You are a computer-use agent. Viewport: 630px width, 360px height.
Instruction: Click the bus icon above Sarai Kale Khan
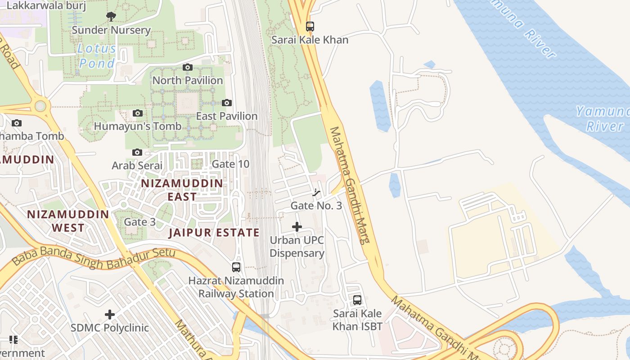tap(310, 27)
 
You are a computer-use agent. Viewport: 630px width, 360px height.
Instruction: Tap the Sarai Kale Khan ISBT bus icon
tap(357, 300)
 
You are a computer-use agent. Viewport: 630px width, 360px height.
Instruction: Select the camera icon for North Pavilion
tap(188, 67)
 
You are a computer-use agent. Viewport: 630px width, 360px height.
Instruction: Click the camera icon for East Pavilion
tap(227, 103)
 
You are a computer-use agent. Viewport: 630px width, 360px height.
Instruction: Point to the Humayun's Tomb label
tap(137, 126)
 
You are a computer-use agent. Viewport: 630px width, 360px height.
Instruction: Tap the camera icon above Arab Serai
tap(137, 153)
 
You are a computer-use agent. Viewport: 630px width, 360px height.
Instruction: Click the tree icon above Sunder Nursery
tap(111, 17)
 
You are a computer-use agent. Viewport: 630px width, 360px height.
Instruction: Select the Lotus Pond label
tap(97, 56)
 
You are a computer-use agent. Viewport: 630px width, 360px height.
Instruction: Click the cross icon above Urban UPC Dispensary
tap(297, 227)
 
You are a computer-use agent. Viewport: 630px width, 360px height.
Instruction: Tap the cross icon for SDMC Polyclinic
tap(110, 315)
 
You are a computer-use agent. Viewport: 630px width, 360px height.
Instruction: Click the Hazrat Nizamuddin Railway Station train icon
tap(236, 267)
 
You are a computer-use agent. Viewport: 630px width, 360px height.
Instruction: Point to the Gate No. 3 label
tap(316, 206)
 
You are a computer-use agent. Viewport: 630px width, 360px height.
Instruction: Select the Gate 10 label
tap(230, 164)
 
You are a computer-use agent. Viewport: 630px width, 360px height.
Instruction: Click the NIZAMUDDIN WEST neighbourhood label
tap(68, 221)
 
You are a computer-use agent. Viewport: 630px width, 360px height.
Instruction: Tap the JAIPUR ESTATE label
tap(214, 233)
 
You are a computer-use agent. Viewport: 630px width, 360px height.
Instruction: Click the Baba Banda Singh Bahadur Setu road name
tap(93, 257)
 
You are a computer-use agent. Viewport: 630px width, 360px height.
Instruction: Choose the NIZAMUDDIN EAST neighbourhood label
tap(182, 190)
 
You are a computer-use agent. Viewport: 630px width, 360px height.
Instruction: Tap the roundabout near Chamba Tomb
tap(40, 106)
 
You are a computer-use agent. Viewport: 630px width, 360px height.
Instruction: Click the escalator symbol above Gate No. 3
tap(317, 193)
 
